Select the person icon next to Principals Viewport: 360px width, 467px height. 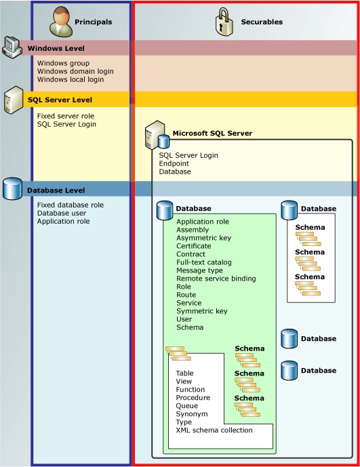pos(61,21)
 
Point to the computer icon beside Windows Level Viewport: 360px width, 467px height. pos(13,46)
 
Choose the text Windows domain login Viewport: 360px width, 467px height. pos(75,71)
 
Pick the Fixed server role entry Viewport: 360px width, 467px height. pos(66,116)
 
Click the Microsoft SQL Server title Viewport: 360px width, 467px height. pos(212,134)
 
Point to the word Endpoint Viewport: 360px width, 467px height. pos(174,163)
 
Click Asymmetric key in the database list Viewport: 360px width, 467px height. pos(203,238)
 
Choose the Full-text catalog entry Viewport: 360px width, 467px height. pos(204,262)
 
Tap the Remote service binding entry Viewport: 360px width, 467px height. pos(216,279)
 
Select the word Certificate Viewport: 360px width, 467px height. pos(194,246)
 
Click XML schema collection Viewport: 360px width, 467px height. pos(214,430)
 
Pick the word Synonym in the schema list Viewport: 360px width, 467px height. pos(192,414)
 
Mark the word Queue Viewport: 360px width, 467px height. pos(188,406)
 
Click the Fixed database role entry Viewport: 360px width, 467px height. pos(71,205)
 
